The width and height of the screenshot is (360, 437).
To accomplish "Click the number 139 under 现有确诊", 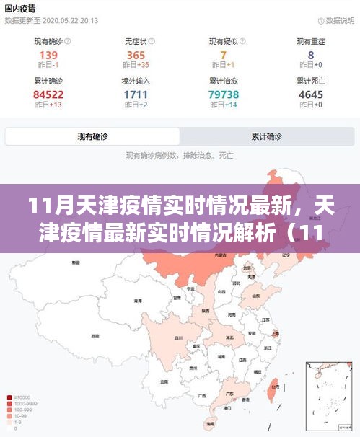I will [x=48, y=55].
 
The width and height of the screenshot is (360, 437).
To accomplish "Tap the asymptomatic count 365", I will [x=136, y=55].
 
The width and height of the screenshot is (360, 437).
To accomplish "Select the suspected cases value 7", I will [x=224, y=55].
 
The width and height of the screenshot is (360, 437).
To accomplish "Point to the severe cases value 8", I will [x=311, y=55].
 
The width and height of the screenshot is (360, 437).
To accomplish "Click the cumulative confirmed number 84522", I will [x=48, y=94].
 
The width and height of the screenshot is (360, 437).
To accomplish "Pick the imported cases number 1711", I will [x=136, y=94].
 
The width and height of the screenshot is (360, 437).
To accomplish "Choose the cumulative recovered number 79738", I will [x=224, y=94].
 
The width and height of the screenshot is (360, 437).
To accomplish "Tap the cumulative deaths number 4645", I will [x=311, y=94].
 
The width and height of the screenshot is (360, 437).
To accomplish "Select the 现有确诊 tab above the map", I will [x=93, y=136].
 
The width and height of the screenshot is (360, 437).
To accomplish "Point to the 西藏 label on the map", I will [x=95, y=336].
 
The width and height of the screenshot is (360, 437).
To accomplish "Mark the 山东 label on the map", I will [x=256, y=296].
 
